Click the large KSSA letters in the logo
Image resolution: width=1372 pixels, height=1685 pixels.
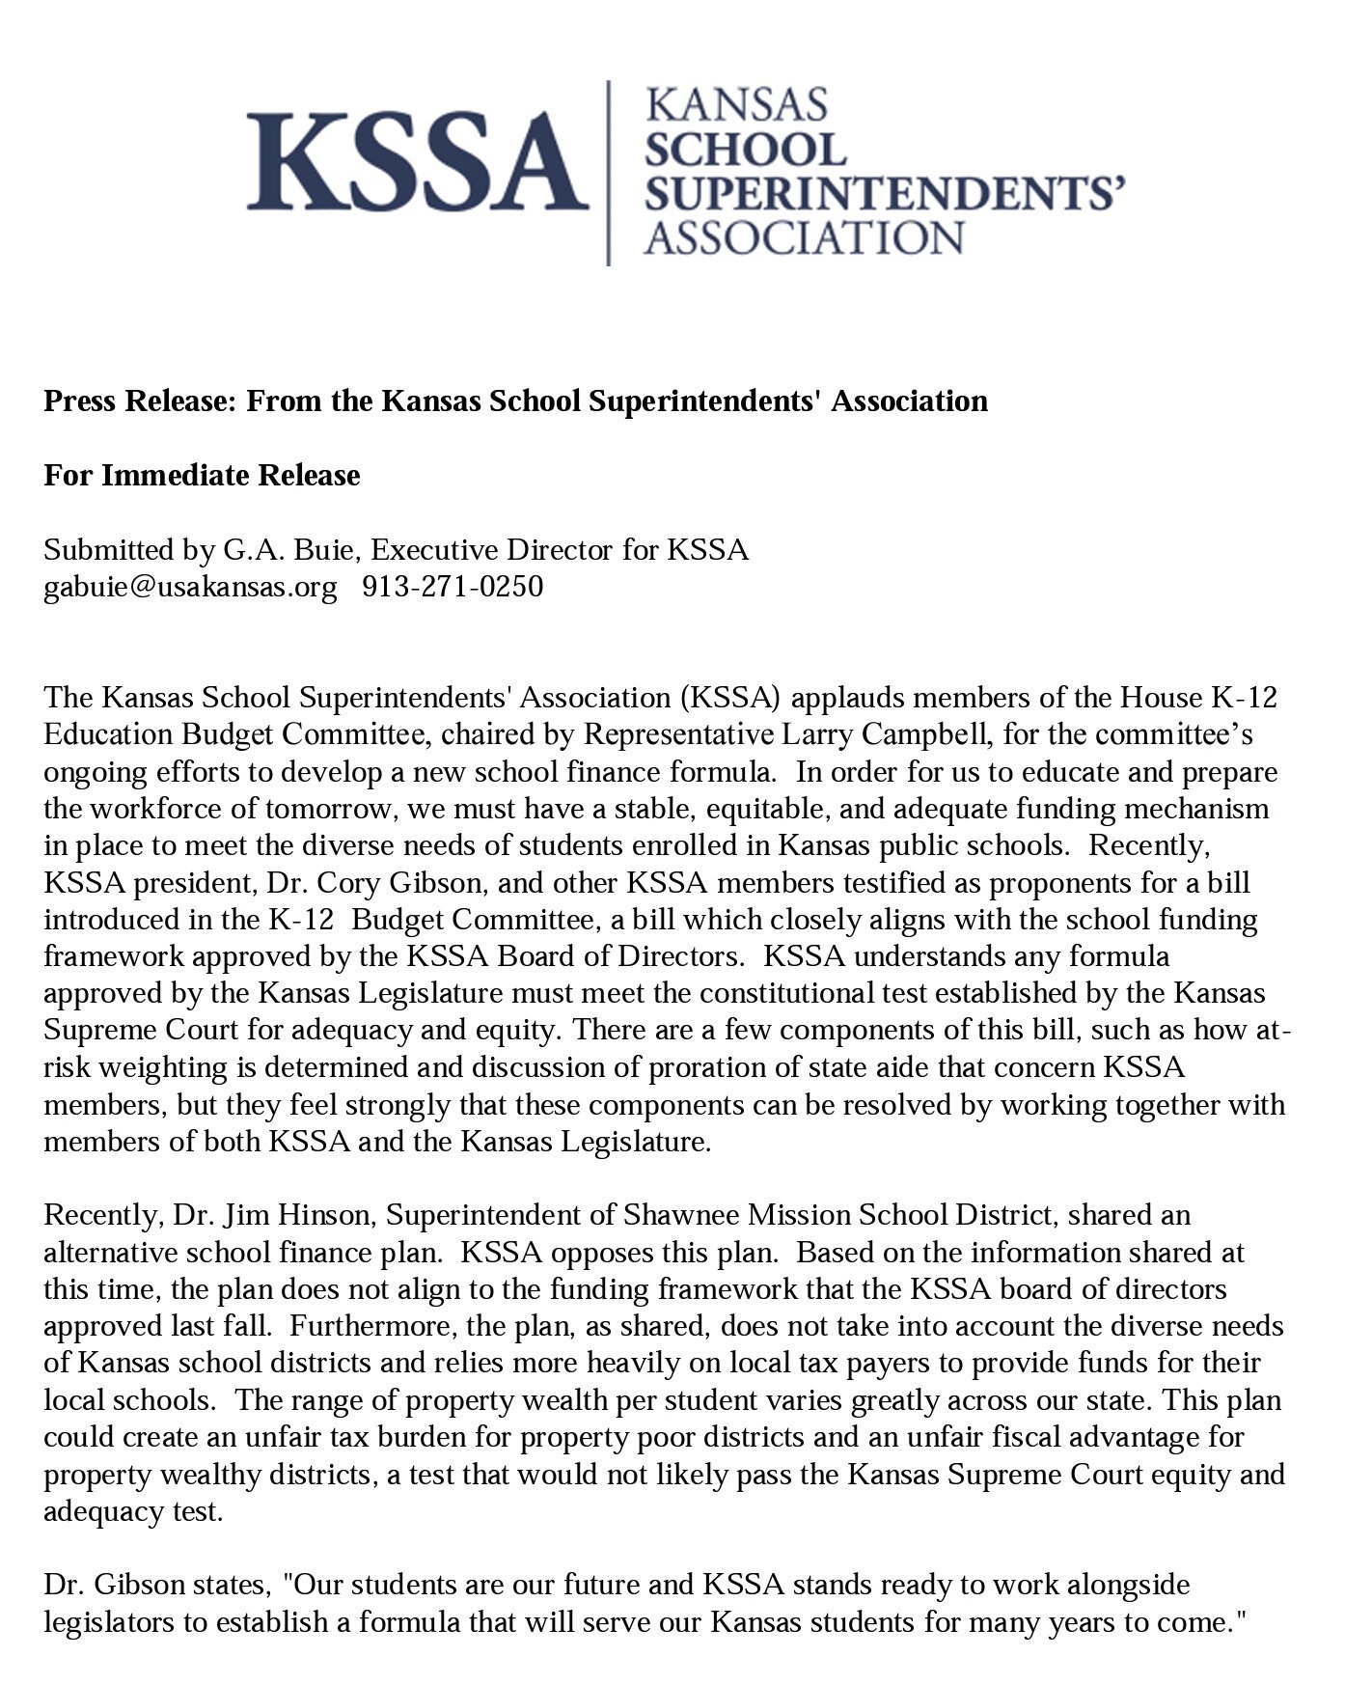417,160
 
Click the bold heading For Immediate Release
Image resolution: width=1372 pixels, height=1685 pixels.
202,475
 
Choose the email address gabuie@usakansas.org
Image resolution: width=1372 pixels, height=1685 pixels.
190,586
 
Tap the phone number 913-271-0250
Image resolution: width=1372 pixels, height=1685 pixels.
453,586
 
